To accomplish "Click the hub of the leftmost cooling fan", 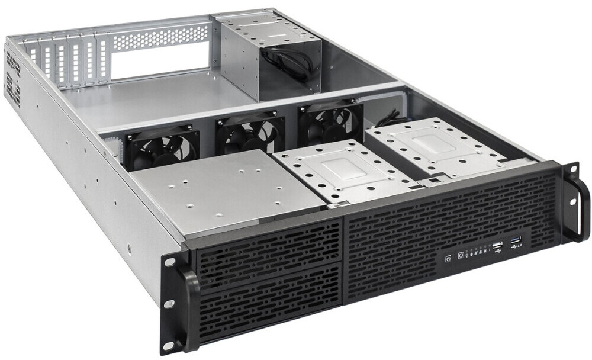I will click(x=156, y=148).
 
